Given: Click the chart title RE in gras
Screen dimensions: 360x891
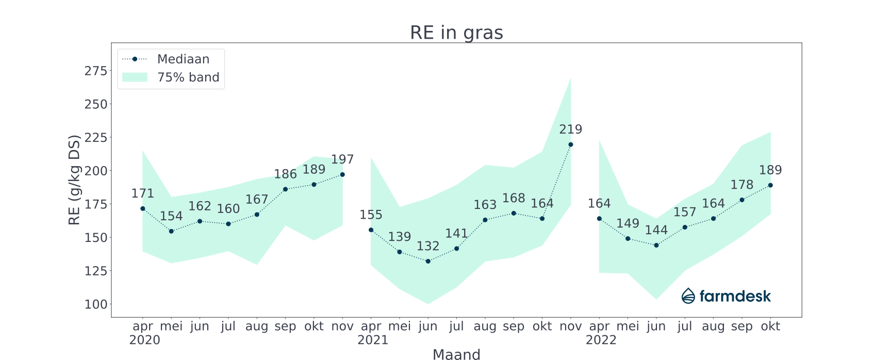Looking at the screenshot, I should click(x=456, y=32).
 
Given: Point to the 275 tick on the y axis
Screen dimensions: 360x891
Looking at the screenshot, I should click(x=96, y=71).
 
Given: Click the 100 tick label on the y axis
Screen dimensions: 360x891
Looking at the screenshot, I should click(x=96, y=304).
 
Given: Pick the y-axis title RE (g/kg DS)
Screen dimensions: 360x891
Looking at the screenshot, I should click(x=75, y=179).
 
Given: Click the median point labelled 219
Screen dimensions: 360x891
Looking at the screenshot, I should click(x=570, y=144).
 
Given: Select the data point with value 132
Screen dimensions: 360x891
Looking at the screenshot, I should click(x=428, y=261).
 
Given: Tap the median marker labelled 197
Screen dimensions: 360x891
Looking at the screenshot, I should click(x=342, y=174).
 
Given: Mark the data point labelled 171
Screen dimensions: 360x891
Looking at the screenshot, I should click(x=143, y=208).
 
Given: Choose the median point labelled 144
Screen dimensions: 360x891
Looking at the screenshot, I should click(x=656, y=245).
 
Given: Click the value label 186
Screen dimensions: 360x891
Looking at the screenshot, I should click(x=285, y=174).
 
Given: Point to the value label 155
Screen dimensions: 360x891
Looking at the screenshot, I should click(x=371, y=215).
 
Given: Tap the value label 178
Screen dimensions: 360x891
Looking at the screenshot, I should click(x=742, y=185).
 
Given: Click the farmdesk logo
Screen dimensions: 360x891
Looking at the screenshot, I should click(x=726, y=296).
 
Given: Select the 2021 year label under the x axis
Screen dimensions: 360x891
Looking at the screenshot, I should click(x=373, y=340).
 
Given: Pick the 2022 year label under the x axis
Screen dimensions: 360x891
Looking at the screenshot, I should click(x=601, y=340).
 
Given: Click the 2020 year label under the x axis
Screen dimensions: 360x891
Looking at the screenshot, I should click(x=144, y=340).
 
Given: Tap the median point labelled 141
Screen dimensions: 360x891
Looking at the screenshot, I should click(x=456, y=249).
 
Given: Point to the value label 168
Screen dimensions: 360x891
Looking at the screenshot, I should click(x=514, y=199).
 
